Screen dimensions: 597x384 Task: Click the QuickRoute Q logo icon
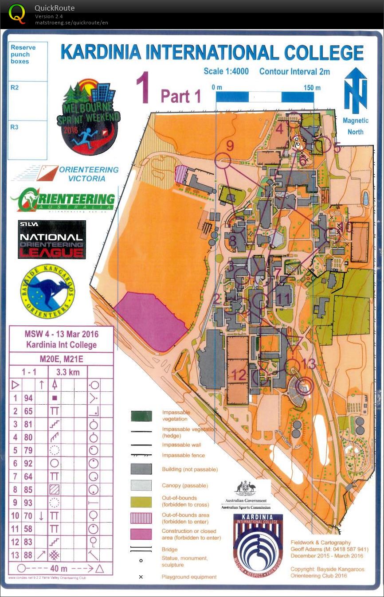[17, 14]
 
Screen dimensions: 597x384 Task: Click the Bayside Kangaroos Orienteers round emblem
[47, 291]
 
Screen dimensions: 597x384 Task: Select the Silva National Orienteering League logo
[51, 239]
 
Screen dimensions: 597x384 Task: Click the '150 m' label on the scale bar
[312, 87]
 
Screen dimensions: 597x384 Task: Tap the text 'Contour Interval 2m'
[294, 71]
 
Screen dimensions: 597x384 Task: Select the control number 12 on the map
[239, 375]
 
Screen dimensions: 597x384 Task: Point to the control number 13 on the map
[309, 364]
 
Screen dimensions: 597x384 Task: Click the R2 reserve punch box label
[15, 88]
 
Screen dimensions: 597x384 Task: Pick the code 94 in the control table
[28, 398]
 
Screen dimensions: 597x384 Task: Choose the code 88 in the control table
[28, 555]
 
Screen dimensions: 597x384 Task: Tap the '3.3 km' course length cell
[68, 372]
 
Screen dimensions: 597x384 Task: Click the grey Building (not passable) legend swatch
[141, 469]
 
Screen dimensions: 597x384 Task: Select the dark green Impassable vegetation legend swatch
[141, 416]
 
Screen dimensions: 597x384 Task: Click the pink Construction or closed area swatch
[141, 534]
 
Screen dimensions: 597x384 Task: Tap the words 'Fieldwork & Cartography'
[321, 542]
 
